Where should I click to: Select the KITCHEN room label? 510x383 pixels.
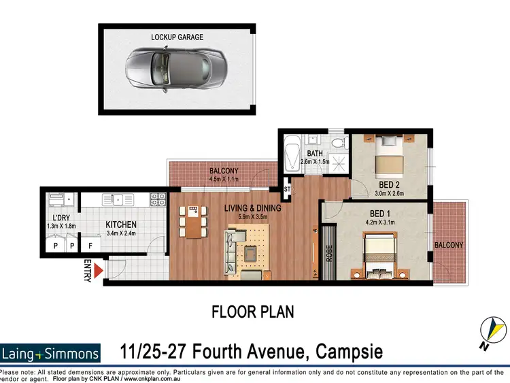(121, 224)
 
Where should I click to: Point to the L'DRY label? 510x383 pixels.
(56, 218)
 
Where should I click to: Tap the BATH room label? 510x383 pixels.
(314, 154)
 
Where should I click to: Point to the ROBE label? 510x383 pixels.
(330, 254)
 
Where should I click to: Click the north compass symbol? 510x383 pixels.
(493, 329)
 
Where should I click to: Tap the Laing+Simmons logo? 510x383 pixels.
(50, 353)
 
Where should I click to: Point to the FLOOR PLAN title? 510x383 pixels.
(252, 312)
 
